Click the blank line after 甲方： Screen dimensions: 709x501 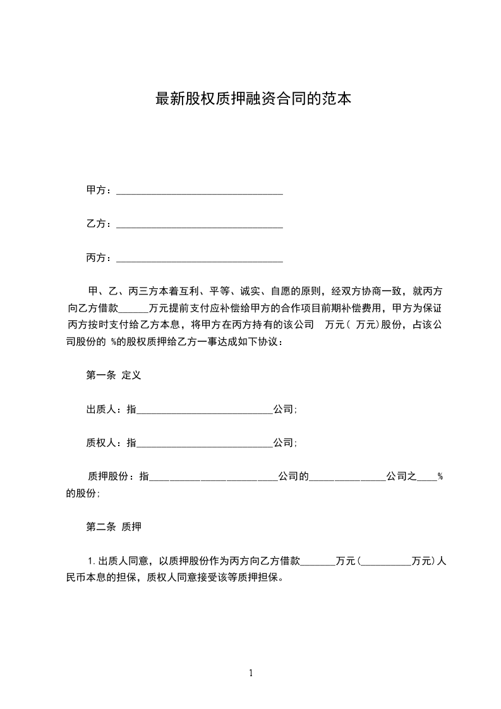[200, 191]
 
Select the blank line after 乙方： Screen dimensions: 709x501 [200, 224]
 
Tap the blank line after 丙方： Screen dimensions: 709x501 [200, 258]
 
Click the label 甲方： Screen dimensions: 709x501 [100, 190]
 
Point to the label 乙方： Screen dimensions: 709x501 [100, 224]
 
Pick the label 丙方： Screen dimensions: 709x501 [100, 258]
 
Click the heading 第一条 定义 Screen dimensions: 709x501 [113, 375]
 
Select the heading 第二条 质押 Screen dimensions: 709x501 [113, 526]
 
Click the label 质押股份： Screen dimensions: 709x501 [113, 477]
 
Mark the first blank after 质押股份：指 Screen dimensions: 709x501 [213, 478]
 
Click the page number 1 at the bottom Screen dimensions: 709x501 [251, 673]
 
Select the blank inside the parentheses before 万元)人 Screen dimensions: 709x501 [385, 561]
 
